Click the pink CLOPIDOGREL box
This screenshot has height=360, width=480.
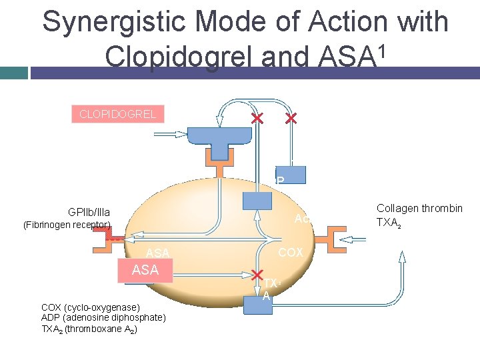[117, 114]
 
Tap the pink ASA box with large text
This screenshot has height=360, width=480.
[145, 270]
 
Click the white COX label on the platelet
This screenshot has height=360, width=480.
[290, 253]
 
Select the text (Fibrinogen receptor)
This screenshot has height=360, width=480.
[67, 225]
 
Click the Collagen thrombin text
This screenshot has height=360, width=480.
[419, 209]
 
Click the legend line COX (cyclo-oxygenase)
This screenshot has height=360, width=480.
[91, 307]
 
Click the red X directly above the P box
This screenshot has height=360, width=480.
[291, 119]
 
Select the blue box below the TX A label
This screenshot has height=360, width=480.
[257, 305]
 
